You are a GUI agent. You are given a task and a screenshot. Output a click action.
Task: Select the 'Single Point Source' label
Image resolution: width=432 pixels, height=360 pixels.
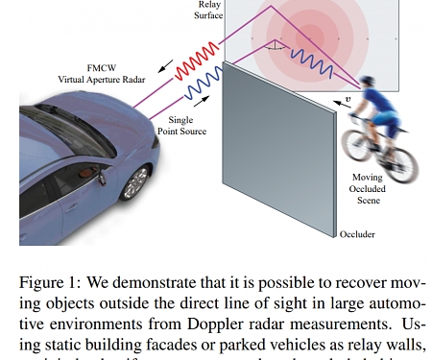click(186, 125)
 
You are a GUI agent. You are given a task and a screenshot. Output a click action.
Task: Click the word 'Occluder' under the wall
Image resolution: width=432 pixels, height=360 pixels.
click(357, 233)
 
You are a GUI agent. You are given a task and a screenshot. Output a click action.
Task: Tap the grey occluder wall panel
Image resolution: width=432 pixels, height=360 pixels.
click(278, 154)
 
